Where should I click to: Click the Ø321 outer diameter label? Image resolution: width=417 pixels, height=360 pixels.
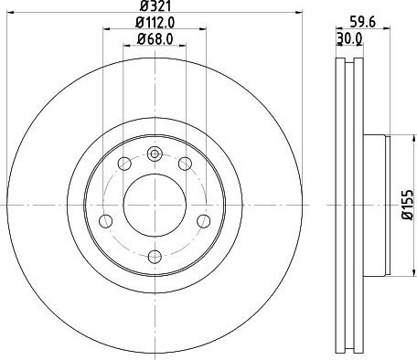point(154,6)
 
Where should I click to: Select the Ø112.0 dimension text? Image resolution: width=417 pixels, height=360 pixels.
point(154,22)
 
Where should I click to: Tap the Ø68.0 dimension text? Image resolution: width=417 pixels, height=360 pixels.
point(154,37)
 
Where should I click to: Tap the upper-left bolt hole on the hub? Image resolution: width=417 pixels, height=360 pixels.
point(123,164)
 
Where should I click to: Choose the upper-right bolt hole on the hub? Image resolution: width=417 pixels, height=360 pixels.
point(185,164)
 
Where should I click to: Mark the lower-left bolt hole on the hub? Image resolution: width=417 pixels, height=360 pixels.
point(105,220)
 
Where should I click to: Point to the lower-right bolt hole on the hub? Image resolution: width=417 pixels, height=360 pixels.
point(203,220)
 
